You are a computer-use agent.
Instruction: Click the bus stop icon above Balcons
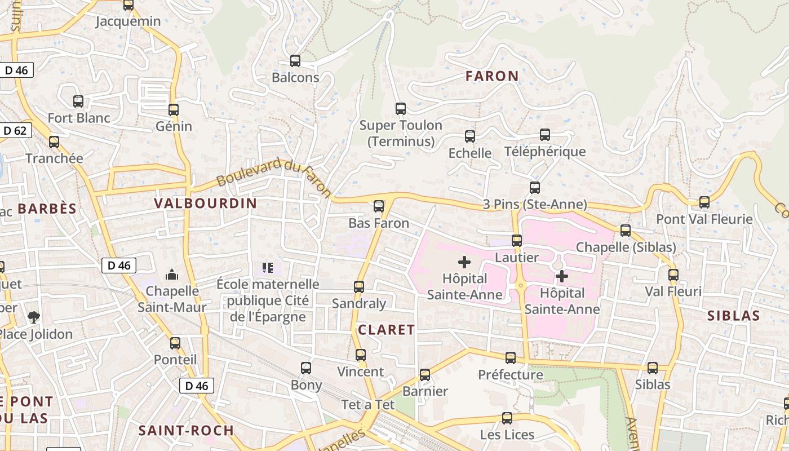click(x=295, y=61)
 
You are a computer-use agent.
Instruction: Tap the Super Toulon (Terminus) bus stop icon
click(x=401, y=109)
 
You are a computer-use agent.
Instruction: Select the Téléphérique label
click(x=545, y=152)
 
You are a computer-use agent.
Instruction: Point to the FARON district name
click(x=492, y=76)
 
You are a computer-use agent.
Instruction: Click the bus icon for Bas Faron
click(x=379, y=206)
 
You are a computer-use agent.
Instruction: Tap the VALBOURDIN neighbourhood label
click(x=206, y=204)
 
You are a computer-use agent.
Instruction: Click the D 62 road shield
click(x=15, y=131)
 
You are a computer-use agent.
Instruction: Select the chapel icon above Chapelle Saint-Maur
click(x=172, y=275)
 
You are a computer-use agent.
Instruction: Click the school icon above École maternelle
click(x=268, y=268)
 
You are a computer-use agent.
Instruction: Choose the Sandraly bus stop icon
click(x=359, y=287)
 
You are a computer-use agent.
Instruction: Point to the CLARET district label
click(x=387, y=330)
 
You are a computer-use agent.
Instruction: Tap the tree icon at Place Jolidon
click(x=34, y=317)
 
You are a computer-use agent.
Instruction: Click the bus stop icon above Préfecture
click(x=511, y=358)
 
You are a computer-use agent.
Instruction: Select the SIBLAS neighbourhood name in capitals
click(x=734, y=316)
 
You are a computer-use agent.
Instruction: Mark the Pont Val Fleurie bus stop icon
click(x=704, y=202)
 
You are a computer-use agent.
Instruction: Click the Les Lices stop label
click(x=507, y=435)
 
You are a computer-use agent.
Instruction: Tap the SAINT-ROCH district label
click(x=186, y=431)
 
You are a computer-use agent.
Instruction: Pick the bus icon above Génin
click(x=174, y=110)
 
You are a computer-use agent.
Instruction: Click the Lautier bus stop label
click(x=517, y=258)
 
